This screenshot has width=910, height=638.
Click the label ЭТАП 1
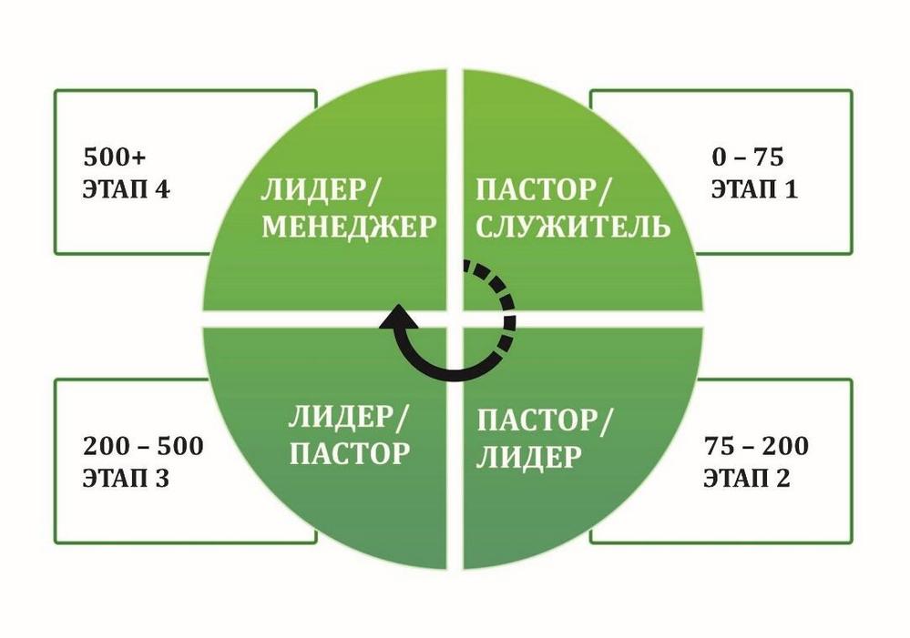[x=754, y=189]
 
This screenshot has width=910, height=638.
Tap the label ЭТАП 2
[x=747, y=479]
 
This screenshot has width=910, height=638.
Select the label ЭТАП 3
[x=126, y=479]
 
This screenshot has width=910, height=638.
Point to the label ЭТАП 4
[x=127, y=189]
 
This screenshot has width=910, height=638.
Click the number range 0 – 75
[x=748, y=157]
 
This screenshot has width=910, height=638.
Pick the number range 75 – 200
[x=756, y=446]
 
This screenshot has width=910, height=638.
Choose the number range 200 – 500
[x=143, y=446]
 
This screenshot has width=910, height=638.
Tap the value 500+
[x=115, y=157]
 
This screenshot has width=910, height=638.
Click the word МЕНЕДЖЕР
[x=350, y=226]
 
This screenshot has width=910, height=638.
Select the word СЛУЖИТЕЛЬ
[x=573, y=226]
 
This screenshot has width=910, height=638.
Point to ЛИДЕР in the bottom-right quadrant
[x=528, y=457]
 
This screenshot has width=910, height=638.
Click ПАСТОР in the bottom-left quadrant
[x=350, y=453]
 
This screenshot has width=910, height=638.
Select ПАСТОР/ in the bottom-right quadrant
[x=545, y=420]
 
